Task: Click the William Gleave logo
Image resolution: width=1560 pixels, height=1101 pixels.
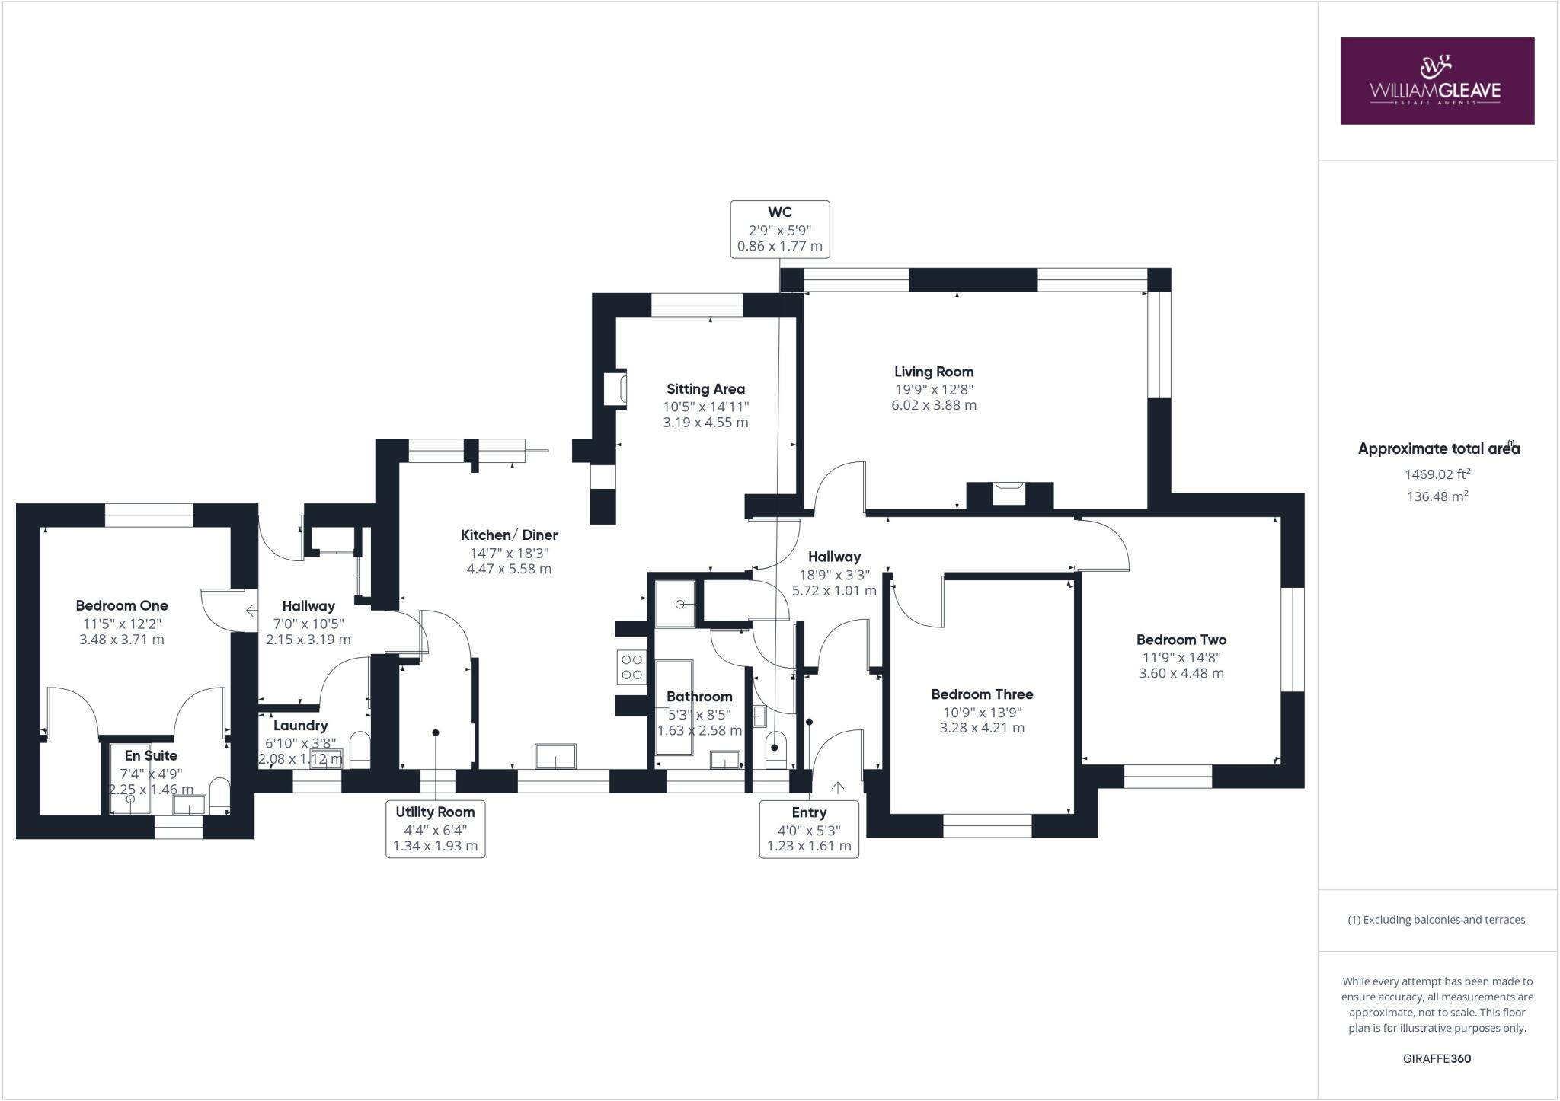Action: coord(1437,81)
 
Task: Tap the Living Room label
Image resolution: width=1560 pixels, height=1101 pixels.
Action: coord(934,372)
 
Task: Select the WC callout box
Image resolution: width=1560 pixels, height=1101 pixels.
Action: coord(779,229)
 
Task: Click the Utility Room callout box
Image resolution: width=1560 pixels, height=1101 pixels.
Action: coord(435,828)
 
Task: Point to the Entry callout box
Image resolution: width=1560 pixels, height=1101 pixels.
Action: coord(809,828)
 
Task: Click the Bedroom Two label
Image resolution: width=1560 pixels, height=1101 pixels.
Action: coord(1181,640)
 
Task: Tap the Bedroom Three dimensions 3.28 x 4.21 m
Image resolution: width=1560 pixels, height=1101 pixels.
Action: coord(982,728)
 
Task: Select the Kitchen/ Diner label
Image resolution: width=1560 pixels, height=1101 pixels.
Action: coord(509,535)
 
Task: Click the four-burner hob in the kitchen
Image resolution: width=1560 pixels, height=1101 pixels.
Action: coord(631,666)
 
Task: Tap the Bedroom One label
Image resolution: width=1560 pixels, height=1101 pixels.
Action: coord(122,606)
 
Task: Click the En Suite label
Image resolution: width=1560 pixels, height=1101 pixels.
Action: coord(151,755)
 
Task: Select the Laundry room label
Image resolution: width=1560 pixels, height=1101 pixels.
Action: coord(300,726)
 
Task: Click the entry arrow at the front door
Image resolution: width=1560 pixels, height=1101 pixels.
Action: coord(838,787)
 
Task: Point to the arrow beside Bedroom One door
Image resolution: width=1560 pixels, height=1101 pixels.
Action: coord(251,610)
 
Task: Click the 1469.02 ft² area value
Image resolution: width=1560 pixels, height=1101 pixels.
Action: coord(1437,474)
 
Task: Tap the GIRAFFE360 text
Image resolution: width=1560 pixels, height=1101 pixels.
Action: coord(1437,1058)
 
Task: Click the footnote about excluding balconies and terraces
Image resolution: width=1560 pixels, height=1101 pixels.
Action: coord(1437,920)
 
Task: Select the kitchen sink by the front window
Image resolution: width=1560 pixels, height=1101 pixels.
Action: coord(555,756)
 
